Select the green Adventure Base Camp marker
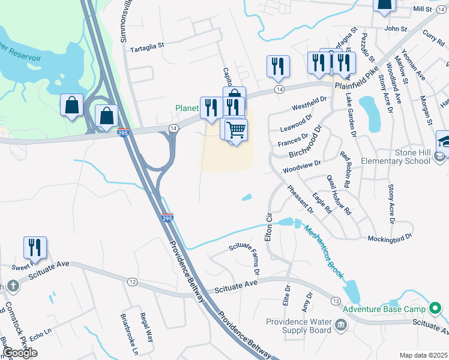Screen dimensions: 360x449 point(436,309)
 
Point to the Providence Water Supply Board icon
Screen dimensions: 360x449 point(341,325)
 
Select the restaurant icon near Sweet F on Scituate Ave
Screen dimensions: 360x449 point(35,247)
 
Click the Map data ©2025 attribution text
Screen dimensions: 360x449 point(423,355)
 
